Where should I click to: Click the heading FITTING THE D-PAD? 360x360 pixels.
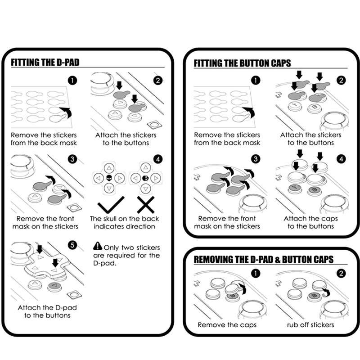pos(45,62)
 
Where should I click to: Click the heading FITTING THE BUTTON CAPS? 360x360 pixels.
pos(242,63)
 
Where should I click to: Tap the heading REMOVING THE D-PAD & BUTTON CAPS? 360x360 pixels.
pos(263,260)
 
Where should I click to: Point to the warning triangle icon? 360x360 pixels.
pos(98,246)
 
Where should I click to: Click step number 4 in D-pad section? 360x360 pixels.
pos(157,158)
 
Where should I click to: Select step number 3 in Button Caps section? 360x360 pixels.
pos(256,158)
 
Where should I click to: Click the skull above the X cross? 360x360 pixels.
pos(144,179)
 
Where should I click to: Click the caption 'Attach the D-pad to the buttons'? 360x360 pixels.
pos(44,311)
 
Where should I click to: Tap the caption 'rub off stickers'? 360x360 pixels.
pos(310,324)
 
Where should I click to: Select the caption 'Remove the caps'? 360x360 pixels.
pos(227,324)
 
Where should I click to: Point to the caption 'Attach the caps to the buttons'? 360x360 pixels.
pos(310,222)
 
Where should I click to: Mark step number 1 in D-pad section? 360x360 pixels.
pos(72,81)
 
